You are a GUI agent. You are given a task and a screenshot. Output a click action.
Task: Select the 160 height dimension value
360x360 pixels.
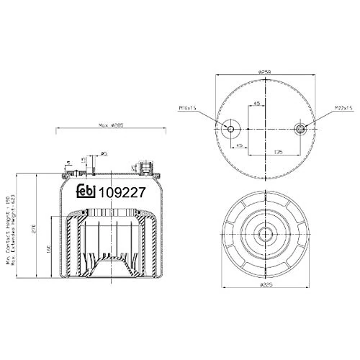[x=48, y=248]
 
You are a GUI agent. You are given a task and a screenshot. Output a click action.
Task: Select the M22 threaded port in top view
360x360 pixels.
[x=300, y=128]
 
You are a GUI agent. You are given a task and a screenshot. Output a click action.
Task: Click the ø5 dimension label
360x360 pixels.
[x=104, y=153]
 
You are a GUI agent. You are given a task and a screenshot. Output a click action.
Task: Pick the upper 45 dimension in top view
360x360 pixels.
[x=257, y=104]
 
